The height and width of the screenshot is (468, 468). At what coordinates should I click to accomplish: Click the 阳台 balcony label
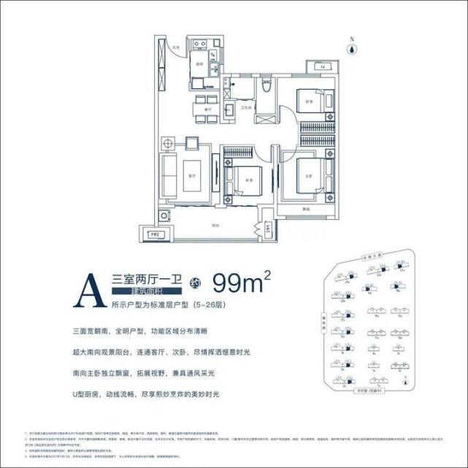(216, 224)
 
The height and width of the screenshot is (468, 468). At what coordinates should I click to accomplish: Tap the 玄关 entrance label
(177, 47)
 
